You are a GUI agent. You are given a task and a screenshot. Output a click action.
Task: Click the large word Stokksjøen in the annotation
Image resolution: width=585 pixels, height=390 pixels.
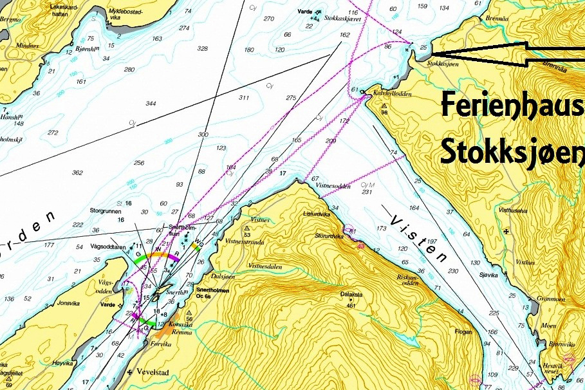coord(512,150)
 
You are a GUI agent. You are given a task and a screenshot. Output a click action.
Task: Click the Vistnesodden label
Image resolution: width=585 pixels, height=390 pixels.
coord(333,186)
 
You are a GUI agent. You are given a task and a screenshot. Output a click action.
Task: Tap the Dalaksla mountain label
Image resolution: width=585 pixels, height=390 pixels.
coord(351,295)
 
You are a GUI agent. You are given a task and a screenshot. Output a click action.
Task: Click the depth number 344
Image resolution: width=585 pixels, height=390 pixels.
coord(151,104)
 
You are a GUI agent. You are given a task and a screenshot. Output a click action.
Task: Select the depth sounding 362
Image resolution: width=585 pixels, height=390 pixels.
coord(78,172)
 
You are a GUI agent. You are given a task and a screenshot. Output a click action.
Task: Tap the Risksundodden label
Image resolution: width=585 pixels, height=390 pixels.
coord(409,280)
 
